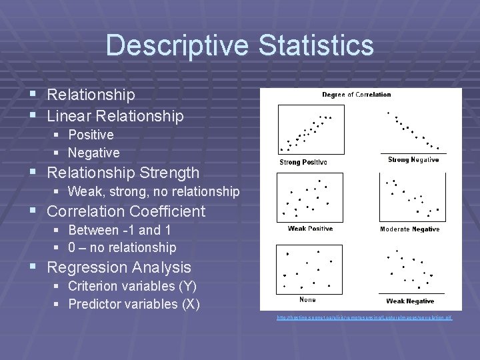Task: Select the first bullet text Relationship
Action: pos(91,95)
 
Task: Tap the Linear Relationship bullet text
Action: pos(115,116)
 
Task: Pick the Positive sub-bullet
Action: pos(91,135)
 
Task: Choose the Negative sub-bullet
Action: pos(93,153)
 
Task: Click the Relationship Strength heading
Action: pos(123,173)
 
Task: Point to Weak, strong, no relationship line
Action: pos(153,192)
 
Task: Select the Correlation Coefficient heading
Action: pos(126,211)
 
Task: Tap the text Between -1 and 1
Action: pos(119,230)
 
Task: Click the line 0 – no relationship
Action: pos(122,248)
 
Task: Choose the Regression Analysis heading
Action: pos(119,267)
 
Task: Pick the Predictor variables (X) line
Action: pos(133,305)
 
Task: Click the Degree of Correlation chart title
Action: pos(357,95)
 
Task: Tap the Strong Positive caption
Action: pos(303,162)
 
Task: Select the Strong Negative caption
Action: pos(413,160)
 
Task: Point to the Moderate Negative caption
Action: pos(410,229)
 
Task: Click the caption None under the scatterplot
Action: pos(307,300)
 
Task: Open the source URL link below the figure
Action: pos(365,317)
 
